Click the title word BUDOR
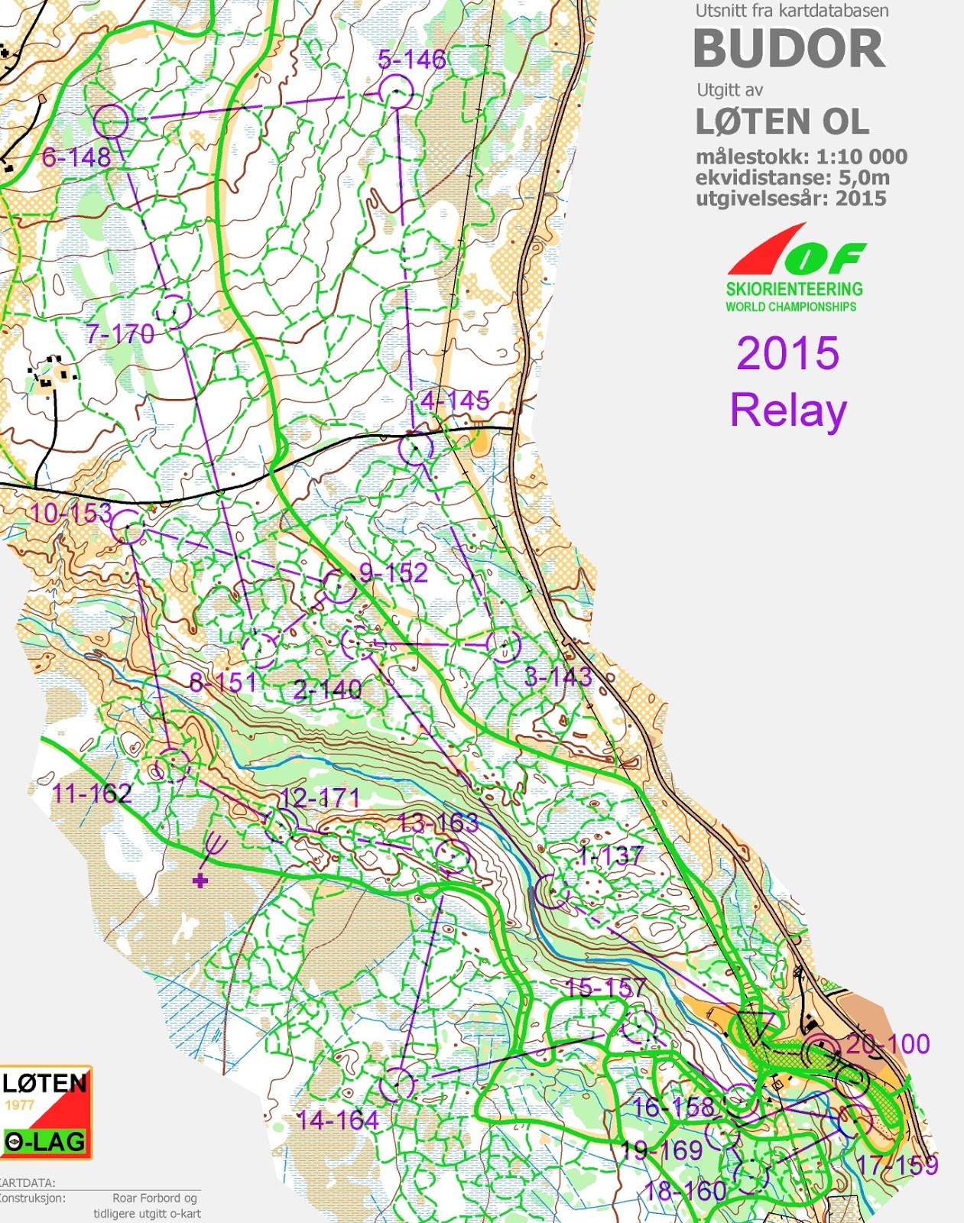[x=788, y=49]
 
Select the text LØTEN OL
[x=782, y=122]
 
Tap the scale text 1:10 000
[x=862, y=157]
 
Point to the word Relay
[x=788, y=410]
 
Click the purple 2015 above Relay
[x=787, y=353]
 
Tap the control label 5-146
[x=411, y=60]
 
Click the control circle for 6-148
[x=111, y=121]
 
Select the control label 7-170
[x=119, y=334]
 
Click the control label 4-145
[x=455, y=400]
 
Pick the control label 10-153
[x=71, y=513]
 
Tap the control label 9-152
[x=394, y=573]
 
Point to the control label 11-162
[x=92, y=793]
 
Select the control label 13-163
[x=438, y=823]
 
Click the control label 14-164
[x=337, y=1121]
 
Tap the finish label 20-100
[x=888, y=1044]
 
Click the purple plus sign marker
[x=200, y=881]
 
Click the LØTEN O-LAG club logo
[x=45, y=1112]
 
